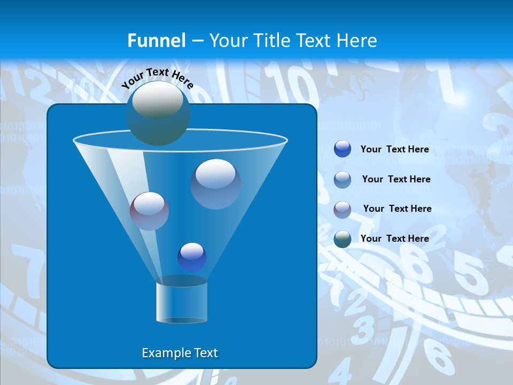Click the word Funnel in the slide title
point(157,41)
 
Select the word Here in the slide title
point(357,41)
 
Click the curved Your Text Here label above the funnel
point(157,78)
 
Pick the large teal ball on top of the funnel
point(158,113)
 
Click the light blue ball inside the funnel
point(215,183)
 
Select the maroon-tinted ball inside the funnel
point(150,211)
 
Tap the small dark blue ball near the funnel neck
point(192,257)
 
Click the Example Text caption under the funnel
point(180,353)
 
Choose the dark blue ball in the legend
point(343,149)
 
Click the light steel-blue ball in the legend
point(343,179)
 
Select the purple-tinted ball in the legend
point(343,209)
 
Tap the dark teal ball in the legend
point(343,238)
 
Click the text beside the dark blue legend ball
point(395,149)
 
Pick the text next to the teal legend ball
point(395,238)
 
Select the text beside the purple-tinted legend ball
point(397,209)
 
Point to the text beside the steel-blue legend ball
point(396,179)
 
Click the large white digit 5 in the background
point(471,273)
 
